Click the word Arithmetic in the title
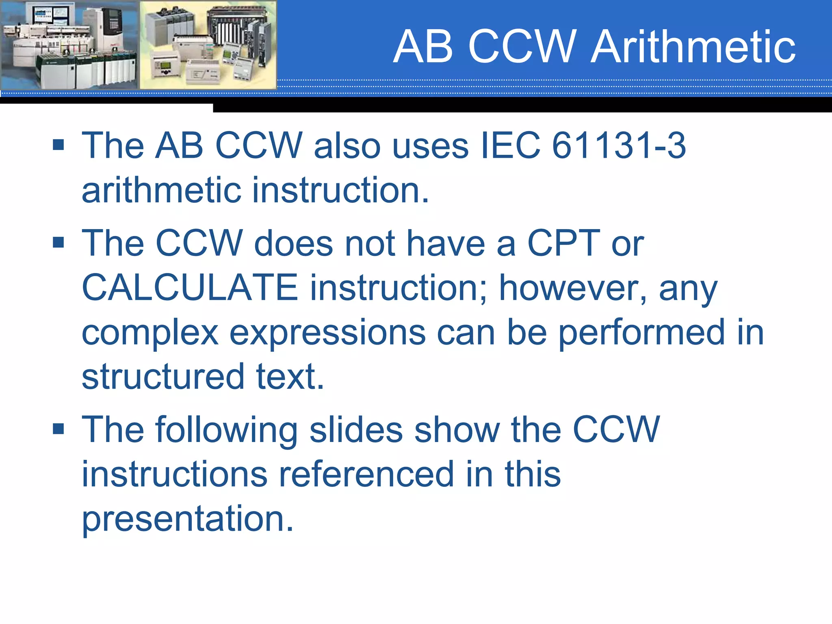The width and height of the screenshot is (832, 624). click(693, 47)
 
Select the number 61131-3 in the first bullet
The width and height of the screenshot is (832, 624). click(619, 145)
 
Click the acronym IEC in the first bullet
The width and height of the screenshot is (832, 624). click(510, 145)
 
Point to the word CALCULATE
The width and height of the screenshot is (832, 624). click(190, 288)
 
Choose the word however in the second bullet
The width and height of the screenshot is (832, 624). click(573, 288)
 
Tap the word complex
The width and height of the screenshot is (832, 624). click(150, 333)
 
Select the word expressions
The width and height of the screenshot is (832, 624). click(327, 333)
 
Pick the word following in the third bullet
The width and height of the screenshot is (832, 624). click(226, 430)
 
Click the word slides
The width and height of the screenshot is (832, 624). click(356, 430)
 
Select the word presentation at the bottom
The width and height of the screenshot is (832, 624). click(187, 519)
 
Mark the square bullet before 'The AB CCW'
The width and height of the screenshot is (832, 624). click(58, 145)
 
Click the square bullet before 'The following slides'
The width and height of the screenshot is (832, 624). click(58, 429)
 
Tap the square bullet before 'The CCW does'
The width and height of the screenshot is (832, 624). click(58, 243)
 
